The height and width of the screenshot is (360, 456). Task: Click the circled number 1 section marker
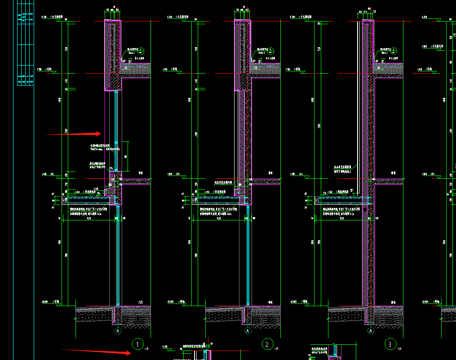pos(138,345)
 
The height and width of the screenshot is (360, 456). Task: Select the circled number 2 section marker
pos(267,345)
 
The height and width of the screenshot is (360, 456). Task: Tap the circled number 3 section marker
pos(390,345)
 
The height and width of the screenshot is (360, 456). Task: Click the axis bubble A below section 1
pos(118,331)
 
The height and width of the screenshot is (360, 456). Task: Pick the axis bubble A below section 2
pos(248,331)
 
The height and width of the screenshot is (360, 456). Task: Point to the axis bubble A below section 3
pos(371,331)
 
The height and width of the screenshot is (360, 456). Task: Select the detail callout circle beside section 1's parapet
pos(142,50)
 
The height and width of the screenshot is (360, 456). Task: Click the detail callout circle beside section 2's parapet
pos(271,50)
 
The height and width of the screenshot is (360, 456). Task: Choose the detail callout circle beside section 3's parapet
pos(394,50)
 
